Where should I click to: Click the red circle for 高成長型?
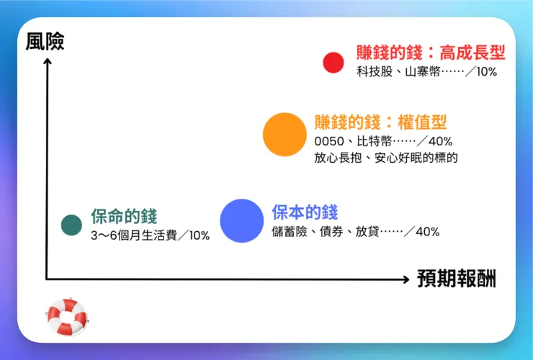(333, 63)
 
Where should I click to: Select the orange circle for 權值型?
(285, 135)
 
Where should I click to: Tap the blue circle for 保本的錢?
(242, 220)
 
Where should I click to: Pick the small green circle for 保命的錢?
(71, 225)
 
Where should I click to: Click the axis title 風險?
(45, 42)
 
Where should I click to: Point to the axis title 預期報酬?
(457, 279)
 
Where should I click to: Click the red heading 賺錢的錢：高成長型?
(431, 53)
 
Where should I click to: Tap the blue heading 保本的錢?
(305, 213)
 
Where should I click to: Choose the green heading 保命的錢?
(124, 217)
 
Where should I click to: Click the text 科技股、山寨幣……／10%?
(426, 72)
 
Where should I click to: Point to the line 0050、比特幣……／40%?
(383, 141)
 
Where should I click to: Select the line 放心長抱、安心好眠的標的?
(386, 158)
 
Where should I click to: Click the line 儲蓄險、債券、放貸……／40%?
(355, 232)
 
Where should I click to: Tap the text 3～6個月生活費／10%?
(150, 236)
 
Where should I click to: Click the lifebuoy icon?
(68, 317)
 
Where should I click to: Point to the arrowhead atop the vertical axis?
(47, 62)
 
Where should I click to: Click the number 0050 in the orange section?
(329, 141)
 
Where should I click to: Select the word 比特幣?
(373, 141)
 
